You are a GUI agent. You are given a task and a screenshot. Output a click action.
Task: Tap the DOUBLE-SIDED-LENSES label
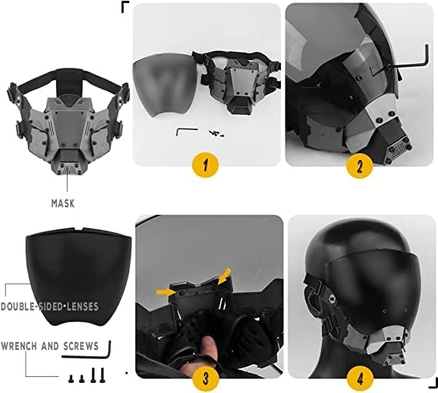(50, 306)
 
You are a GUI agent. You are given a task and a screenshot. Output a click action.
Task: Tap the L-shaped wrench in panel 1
(186, 130)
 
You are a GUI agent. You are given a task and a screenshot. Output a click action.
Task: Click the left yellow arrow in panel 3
(167, 291)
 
